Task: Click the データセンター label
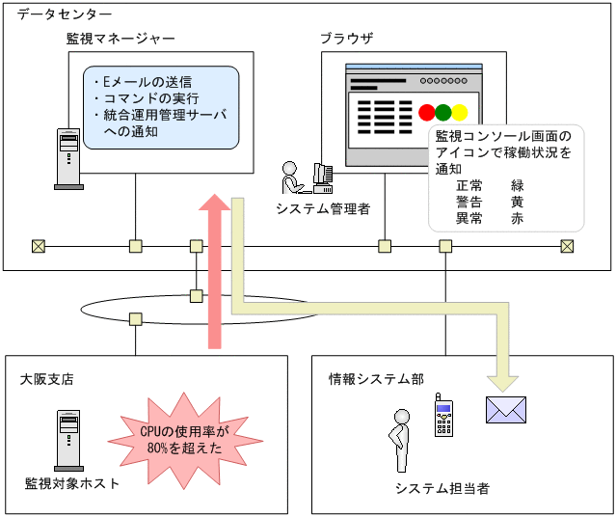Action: (x=64, y=15)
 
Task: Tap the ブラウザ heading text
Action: (x=346, y=39)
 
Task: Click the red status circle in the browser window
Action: (x=427, y=112)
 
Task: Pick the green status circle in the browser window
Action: (x=443, y=112)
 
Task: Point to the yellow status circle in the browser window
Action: (x=460, y=112)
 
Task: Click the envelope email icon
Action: (x=506, y=410)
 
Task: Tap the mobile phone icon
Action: (x=442, y=415)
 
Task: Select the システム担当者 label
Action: (x=442, y=488)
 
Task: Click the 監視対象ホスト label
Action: (x=72, y=483)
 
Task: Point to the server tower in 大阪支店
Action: (x=67, y=439)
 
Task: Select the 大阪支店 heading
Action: (x=48, y=379)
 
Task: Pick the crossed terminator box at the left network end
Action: (x=39, y=245)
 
